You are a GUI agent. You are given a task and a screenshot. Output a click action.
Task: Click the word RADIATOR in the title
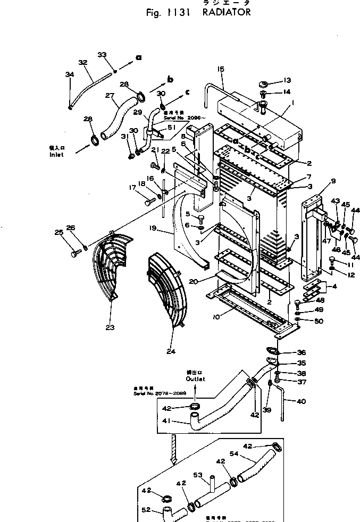(226, 12)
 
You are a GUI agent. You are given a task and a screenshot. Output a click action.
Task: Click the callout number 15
(221, 69)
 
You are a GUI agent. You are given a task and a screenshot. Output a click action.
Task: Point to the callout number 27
(110, 96)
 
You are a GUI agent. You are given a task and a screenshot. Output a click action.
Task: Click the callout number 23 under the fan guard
(110, 327)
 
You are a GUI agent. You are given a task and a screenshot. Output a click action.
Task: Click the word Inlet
(56, 155)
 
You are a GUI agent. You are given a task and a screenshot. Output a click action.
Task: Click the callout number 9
(333, 181)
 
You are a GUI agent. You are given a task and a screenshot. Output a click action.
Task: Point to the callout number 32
(82, 63)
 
